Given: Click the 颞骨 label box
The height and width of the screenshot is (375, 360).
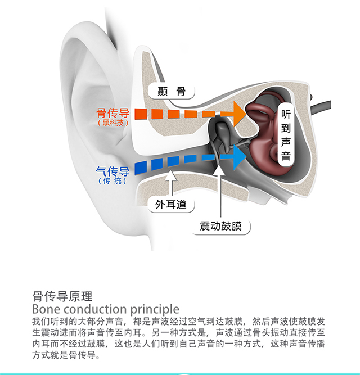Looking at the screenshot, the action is (171, 91).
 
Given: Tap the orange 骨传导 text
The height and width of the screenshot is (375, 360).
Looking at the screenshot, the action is (112, 112).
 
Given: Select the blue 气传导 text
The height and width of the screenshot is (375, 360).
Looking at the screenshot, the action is (112, 171).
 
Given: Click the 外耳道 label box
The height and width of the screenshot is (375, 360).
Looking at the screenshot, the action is (171, 205).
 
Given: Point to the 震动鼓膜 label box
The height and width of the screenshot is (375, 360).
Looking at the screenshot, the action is (221, 226).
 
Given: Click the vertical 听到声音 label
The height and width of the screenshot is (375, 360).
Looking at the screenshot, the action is (286, 135).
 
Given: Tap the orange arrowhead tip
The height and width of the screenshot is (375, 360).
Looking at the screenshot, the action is (246, 114).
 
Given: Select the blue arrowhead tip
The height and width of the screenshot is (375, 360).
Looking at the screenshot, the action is (246, 157).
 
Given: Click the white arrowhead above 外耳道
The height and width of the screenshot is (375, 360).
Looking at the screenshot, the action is (171, 175).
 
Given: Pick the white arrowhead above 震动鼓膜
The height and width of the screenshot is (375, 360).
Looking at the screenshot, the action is (219, 170).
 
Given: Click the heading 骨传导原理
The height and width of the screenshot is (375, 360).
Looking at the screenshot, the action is (62, 296).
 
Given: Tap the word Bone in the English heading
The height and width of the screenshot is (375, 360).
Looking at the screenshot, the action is (46, 309).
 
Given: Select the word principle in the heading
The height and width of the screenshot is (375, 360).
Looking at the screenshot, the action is (155, 309).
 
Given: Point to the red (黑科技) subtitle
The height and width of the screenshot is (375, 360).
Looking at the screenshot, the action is (113, 123).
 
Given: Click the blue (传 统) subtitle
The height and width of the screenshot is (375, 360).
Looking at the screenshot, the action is (112, 181).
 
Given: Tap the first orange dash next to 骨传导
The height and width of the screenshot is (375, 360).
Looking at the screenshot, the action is (141, 114).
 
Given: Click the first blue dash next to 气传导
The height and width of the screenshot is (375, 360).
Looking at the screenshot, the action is (141, 168).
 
